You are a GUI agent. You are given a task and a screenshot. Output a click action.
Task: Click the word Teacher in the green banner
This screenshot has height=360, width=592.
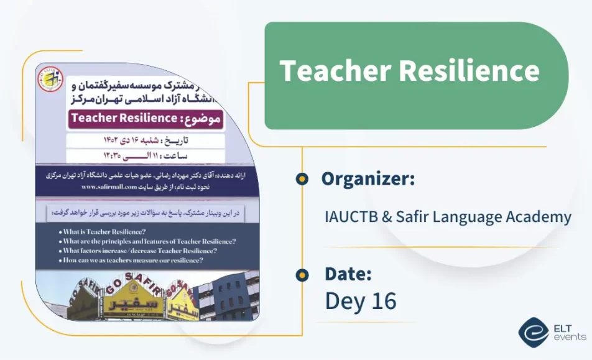(333, 71)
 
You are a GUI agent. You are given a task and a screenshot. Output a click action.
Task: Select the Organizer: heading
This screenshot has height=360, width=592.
(368, 179)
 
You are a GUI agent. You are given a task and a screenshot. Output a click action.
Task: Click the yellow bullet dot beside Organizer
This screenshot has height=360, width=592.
(302, 179)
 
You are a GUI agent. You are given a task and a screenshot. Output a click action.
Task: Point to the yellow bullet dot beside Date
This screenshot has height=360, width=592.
(302, 274)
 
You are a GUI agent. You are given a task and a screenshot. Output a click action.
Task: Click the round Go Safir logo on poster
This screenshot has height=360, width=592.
(50, 80)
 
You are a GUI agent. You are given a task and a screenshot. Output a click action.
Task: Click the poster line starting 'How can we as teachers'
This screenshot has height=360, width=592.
(133, 260)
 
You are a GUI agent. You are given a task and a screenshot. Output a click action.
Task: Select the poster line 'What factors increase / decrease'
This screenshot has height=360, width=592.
(139, 251)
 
